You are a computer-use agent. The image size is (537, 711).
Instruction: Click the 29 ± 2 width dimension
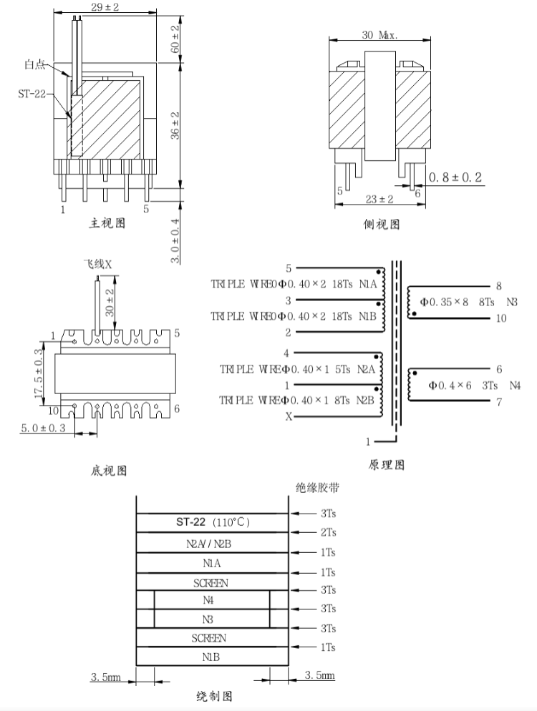[105, 7]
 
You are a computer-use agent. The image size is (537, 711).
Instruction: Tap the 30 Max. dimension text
[379, 35]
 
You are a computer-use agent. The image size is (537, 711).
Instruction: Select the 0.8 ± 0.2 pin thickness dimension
[455, 177]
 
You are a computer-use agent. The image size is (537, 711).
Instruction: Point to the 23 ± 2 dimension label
[379, 199]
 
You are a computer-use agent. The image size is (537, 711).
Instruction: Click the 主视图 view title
[107, 222]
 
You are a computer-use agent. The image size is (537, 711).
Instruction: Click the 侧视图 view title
[382, 224]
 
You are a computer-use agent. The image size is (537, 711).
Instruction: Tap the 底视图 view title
[109, 471]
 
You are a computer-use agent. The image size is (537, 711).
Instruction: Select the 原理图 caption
[387, 465]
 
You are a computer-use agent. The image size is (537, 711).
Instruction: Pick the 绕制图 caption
[215, 696]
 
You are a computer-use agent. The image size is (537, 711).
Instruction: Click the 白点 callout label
[35, 65]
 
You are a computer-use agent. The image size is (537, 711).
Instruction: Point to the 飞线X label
[97, 265]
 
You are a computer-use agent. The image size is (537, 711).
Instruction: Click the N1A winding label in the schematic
[368, 284]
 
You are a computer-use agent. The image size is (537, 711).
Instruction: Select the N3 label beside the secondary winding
[511, 302]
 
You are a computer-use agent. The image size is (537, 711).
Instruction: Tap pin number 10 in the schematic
[500, 318]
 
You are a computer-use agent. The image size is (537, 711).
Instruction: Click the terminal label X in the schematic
[289, 416]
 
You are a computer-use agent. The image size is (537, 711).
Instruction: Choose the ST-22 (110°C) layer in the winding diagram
[213, 522]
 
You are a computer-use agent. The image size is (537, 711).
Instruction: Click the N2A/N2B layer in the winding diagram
[209, 544]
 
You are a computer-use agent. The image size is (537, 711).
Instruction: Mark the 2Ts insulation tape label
[328, 532]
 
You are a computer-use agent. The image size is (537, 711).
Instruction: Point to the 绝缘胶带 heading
[317, 488]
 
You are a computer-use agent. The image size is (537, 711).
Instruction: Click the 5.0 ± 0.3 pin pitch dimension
[43, 428]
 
